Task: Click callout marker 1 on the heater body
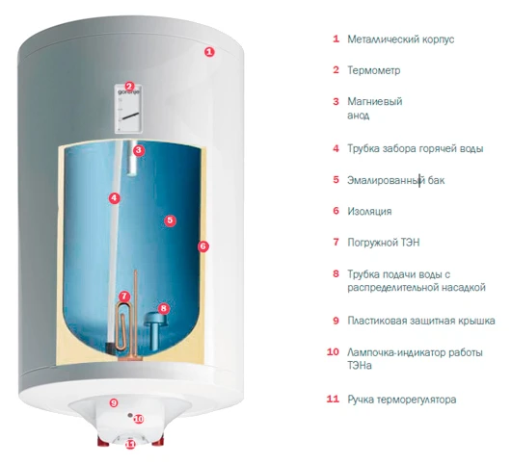point(209,52)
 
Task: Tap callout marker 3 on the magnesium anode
point(139,150)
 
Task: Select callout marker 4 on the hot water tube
point(114,198)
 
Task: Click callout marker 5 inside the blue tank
point(170,220)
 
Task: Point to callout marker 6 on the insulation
point(203,246)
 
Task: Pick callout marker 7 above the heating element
point(124,297)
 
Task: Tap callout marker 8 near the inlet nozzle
point(164,308)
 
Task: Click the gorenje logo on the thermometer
point(129,92)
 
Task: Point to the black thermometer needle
point(130,116)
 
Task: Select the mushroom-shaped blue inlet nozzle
point(153,328)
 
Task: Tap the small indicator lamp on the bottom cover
point(130,416)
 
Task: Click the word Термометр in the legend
point(373,70)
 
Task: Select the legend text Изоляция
point(369,212)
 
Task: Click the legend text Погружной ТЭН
point(384,243)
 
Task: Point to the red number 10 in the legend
point(333,351)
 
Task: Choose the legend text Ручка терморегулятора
point(401,400)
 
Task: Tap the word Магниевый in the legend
point(375,101)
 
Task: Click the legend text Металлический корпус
point(400,39)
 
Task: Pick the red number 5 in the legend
point(336,179)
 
